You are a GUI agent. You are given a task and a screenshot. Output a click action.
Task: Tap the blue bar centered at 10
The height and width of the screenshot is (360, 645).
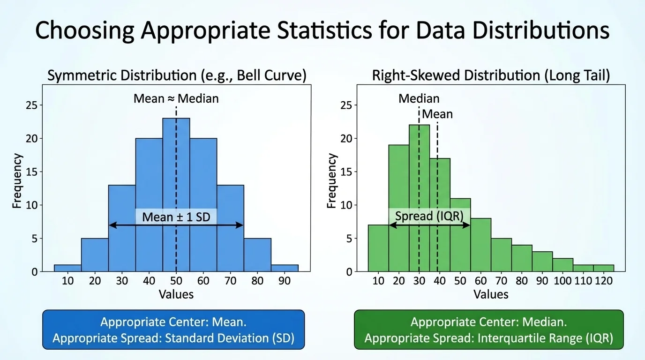tap(67, 268)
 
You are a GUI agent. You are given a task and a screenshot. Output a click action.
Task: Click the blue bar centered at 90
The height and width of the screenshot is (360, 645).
tap(285, 268)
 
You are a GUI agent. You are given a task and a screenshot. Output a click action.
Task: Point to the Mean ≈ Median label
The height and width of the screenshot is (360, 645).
tap(176, 98)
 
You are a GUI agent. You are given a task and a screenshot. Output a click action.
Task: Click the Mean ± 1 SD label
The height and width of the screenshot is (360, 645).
tap(176, 217)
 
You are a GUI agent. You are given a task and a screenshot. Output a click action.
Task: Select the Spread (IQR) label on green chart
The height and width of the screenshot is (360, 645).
tap(429, 216)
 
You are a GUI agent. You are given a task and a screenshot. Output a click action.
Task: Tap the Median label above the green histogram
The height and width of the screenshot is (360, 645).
tap(419, 98)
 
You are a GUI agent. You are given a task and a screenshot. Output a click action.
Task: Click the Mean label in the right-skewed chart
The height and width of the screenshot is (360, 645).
tap(437, 114)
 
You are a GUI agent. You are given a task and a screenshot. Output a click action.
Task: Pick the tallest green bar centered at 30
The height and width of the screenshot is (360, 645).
tap(419, 197)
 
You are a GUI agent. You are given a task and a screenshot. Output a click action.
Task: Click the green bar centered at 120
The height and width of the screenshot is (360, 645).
tap(603, 268)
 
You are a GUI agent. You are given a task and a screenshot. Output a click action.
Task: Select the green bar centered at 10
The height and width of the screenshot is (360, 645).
tap(378, 248)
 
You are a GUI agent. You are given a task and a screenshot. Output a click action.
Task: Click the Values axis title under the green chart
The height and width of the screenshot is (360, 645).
tap(491, 294)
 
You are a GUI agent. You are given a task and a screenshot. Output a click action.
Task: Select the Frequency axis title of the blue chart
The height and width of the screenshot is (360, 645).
tap(17, 180)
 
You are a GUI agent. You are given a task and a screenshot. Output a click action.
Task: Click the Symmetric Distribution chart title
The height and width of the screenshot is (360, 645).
tap(177, 75)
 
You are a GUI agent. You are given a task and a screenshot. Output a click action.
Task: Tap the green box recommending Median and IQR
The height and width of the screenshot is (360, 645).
tap(488, 330)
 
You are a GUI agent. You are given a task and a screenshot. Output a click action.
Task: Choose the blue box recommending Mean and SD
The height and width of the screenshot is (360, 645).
tap(173, 330)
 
